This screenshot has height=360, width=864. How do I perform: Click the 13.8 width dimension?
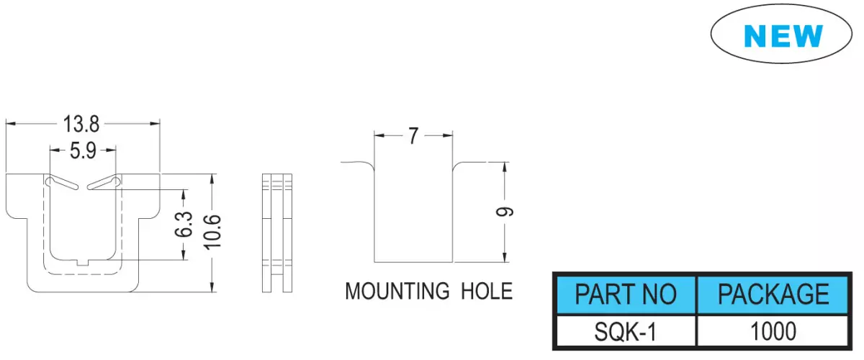coord(81,125)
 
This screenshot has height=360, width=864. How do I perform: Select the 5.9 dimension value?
coord(83,150)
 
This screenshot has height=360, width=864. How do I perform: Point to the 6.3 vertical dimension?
coord(184,225)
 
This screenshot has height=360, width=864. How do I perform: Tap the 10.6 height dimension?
coord(212,232)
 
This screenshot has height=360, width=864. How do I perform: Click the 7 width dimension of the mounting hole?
coord(413,136)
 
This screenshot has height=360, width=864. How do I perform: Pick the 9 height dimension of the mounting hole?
coord(505,212)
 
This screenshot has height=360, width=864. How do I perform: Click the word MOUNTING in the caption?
coord(397,292)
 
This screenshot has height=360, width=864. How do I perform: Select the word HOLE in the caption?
coord(487,292)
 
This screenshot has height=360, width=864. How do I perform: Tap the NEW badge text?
coord(783,36)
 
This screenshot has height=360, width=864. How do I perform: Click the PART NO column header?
coord(626,294)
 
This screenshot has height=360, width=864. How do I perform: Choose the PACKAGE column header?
coord(773,294)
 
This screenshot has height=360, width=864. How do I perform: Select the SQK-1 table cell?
coord(625,331)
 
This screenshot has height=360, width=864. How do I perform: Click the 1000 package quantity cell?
coord(773,331)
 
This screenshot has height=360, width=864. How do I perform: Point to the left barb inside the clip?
coord(62,184)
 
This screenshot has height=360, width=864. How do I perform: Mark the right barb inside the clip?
coord(104,184)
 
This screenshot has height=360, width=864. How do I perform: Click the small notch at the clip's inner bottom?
coord(83,263)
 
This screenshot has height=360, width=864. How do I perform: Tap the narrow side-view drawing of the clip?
coord(277,233)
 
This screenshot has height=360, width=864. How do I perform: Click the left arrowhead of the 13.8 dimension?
coord(10,124)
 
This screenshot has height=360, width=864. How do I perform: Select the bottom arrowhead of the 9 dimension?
coord(505,257)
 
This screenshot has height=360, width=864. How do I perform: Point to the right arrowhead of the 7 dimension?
coord(448,135)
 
